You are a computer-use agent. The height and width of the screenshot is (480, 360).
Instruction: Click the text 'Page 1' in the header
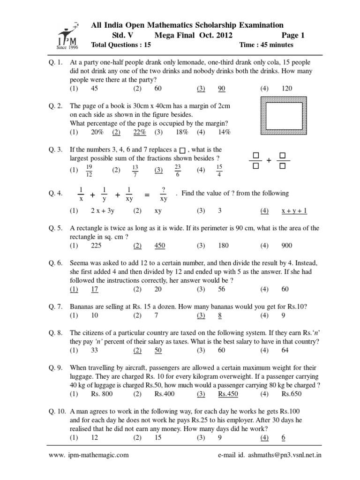pyautogui.click(x=293, y=35)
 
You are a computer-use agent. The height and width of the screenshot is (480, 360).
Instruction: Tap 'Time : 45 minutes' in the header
pyautogui.click(x=266, y=45)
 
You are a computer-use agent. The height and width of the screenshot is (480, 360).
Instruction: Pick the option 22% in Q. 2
pyautogui.click(x=140, y=133)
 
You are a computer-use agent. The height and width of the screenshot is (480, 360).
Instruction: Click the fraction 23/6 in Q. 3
pyautogui.click(x=178, y=170)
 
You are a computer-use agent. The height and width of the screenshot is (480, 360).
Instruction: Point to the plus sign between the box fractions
pyautogui.click(x=269, y=160)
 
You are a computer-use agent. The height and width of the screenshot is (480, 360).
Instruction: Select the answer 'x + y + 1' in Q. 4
pyautogui.click(x=294, y=211)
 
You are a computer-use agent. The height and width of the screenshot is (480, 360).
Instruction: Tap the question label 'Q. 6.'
pyautogui.click(x=55, y=263)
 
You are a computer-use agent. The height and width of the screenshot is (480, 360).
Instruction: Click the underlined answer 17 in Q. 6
pyautogui.click(x=95, y=289)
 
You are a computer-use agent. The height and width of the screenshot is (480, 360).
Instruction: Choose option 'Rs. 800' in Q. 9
pyautogui.click(x=102, y=394)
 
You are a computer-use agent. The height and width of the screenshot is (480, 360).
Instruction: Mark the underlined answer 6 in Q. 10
pyautogui.click(x=283, y=438)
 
